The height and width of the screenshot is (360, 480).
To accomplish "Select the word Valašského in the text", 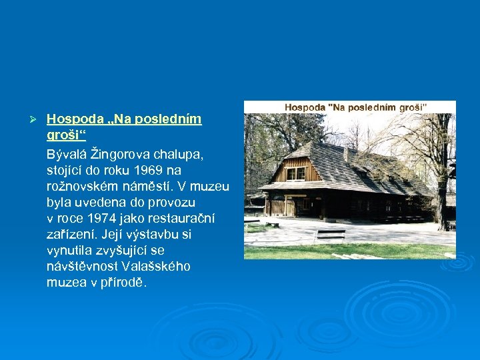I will [x=155, y=267].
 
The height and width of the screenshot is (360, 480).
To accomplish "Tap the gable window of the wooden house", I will [x=296, y=173].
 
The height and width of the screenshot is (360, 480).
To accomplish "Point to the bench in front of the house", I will [x=330, y=234].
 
